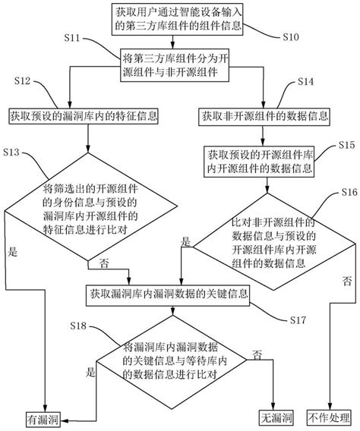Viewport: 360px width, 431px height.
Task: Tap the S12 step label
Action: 22,80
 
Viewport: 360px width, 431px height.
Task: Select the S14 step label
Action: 305,80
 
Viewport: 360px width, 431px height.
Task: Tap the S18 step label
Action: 78,326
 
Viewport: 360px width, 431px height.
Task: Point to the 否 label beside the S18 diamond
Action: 257,355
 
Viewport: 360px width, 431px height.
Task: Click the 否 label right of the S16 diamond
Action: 346,280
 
